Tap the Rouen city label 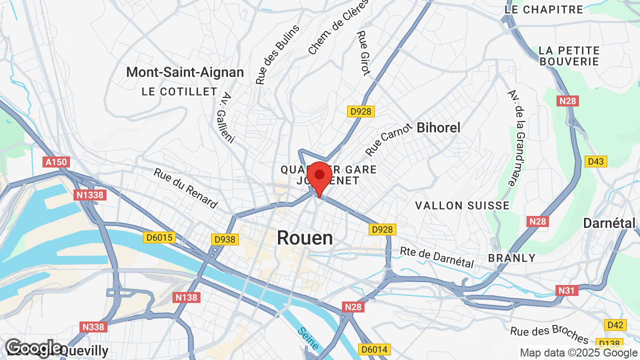coord(304,238)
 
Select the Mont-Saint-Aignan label coord(185,72)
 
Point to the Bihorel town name coord(438,127)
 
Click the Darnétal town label coord(609,223)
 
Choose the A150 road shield coord(56,162)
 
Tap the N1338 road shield coord(90,194)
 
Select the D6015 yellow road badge coord(159,237)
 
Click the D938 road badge coord(224,239)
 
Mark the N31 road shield coord(567,290)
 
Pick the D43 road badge coord(595,161)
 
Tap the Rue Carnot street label coord(389,139)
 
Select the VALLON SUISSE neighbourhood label coord(462,205)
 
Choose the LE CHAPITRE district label coord(544,9)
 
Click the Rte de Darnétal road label coord(436,257)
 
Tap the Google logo coord(33,348)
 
